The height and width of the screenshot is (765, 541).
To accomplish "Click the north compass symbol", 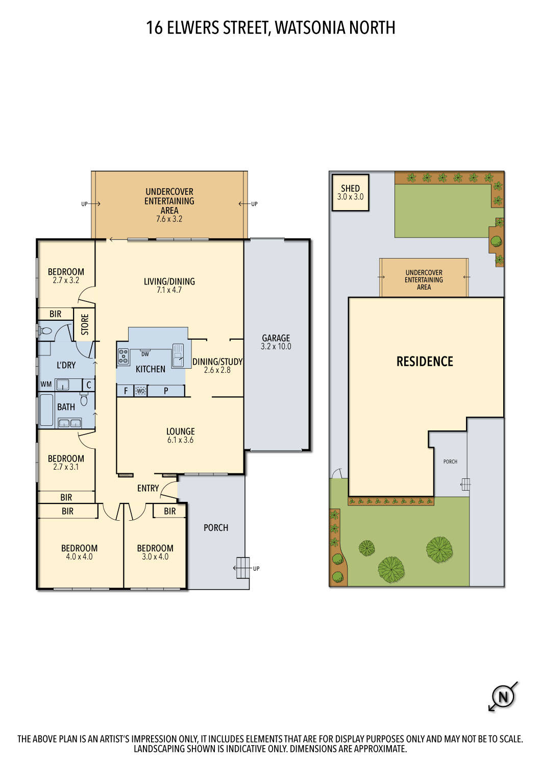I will click(x=503, y=697).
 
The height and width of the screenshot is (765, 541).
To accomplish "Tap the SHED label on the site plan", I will click(x=350, y=188).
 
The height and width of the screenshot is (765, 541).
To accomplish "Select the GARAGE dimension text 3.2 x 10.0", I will click(x=276, y=347).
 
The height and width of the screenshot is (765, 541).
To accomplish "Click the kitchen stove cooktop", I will click(x=123, y=356).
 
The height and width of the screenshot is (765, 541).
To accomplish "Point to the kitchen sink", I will click(x=178, y=355).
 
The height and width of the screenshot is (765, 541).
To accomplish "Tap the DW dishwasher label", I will click(x=145, y=354).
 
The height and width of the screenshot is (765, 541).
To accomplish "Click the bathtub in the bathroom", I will click(x=46, y=410).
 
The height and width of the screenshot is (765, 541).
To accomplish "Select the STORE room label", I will click(x=85, y=324).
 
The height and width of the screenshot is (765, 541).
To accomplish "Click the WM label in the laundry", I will click(x=46, y=385).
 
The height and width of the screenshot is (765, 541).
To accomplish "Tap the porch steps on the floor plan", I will click(x=243, y=568).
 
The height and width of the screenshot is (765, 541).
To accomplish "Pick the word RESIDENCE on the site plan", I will click(x=425, y=362).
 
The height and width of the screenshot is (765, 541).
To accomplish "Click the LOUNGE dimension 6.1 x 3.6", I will click(x=181, y=440).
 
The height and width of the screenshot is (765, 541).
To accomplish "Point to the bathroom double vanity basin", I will click(x=70, y=422).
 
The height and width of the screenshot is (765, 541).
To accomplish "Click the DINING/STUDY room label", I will click(x=217, y=362).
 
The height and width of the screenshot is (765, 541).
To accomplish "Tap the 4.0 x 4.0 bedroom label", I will click(x=79, y=557).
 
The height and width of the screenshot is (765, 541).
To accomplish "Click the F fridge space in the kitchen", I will click(x=126, y=391).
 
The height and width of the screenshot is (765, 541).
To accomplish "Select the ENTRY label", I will click(x=148, y=488).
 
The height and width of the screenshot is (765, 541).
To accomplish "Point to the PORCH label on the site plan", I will click(x=450, y=462).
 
